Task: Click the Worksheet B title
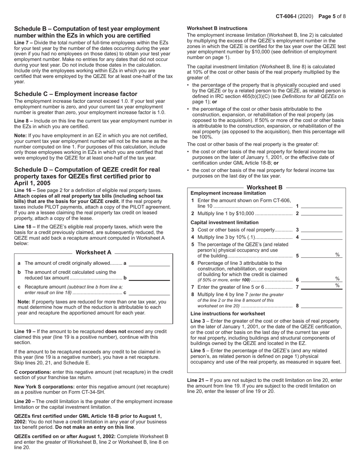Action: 265,188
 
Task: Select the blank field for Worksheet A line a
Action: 149,263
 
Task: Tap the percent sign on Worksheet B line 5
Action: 337,255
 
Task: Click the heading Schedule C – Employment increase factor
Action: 76,94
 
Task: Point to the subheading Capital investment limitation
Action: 224,222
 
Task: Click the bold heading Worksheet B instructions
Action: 217,28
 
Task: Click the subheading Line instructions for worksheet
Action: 227,314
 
